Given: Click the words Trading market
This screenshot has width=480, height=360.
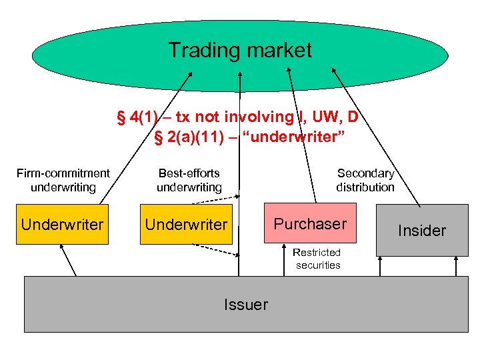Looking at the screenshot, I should pyautogui.click(x=239, y=50).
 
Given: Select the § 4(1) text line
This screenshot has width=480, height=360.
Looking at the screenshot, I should pyautogui.click(x=238, y=117).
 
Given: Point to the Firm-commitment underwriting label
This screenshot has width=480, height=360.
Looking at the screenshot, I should pyautogui.click(x=63, y=180).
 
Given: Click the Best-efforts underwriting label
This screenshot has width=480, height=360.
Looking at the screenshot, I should pyautogui.click(x=189, y=180).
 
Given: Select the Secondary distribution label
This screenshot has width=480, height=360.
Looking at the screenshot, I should pyautogui.click(x=365, y=180).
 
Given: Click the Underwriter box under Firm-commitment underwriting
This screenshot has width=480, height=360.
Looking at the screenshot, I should pyautogui.click(x=63, y=225).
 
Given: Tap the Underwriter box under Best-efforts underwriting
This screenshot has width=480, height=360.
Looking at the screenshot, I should pyautogui.click(x=187, y=225).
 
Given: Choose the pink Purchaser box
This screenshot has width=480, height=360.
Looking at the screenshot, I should pyautogui.click(x=311, y=223).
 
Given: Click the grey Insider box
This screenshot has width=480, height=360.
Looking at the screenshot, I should pyautogui.click(x=421, y=231).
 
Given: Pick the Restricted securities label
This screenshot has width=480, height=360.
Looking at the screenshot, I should pyautogui.click(x=318, y=259).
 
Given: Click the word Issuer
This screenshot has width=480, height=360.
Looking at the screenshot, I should pyautogui.click(x=246, y=305).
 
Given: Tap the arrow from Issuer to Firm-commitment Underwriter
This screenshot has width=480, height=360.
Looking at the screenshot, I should pyautogui.click(x=68, y=260).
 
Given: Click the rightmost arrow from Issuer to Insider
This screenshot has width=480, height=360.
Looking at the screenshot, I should pyautogui.click(x=456, y=266).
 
